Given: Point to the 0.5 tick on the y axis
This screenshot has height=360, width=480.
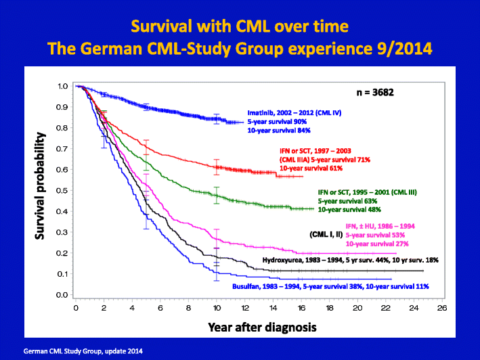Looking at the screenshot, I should (x=62, y=190).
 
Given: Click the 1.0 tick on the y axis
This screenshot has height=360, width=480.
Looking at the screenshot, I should (x=62, y=86).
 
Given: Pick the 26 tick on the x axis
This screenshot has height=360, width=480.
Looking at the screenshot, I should (x=442, y=307).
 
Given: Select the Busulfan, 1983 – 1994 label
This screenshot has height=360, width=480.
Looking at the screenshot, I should (x=267, y=287).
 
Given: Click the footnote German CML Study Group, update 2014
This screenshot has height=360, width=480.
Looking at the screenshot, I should (x=83, y=351).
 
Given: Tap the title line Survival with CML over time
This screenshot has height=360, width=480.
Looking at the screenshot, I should (x=240, y=27).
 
